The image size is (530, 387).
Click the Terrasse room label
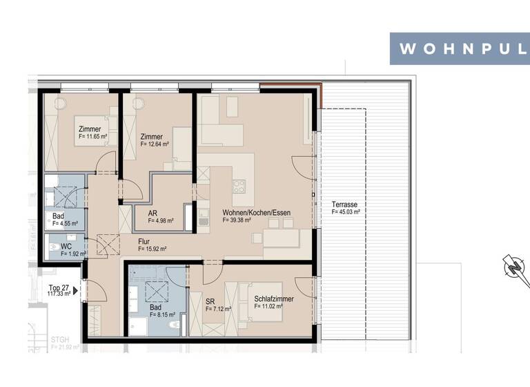tap(345, 205)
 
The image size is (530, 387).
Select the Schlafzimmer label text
tap(273, 299)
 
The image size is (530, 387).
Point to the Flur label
tap(144, 241)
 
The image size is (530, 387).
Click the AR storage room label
tap(152, 213)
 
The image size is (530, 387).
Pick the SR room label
tap(210, 301)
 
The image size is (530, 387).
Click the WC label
tap(67, 245)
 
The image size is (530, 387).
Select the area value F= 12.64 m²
tap(155, 145)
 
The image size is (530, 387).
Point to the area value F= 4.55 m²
tap(65, 224)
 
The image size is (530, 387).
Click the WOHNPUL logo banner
tap(460, 48)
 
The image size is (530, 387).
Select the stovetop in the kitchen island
tap(239, 186)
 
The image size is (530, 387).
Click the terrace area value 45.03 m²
tap(346, 213)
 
